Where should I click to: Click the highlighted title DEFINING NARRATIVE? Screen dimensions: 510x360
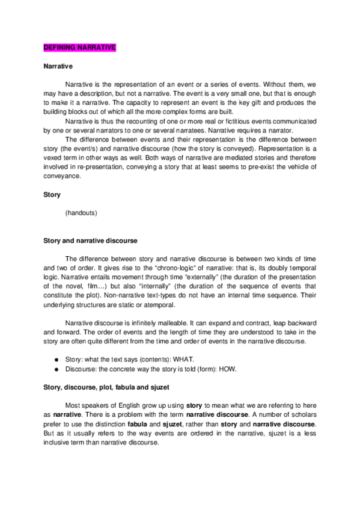pos(80,47)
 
